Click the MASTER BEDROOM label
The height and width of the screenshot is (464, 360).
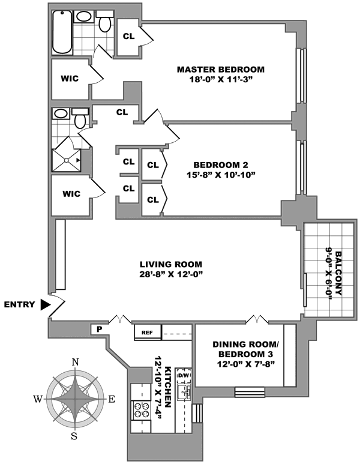coord(221,70)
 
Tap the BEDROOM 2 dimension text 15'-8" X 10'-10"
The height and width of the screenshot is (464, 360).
coord(221,175)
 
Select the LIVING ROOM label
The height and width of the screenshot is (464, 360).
coord(171,264)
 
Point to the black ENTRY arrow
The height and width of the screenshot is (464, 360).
coord(46,304)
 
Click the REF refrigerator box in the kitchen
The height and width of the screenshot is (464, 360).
coord(148,332)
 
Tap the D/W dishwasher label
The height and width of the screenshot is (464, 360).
coord(184,376)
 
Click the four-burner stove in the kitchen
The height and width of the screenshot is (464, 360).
coord(141,410)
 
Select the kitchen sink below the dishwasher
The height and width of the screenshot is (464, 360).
coord(184,393)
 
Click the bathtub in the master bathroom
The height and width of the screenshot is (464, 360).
coord(62,32)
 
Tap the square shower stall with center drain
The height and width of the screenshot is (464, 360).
coord(66,160)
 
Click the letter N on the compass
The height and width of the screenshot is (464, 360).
coord(76,362)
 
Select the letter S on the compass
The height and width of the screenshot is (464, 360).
coord(74,436)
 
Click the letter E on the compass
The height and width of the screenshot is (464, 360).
coord(111,400)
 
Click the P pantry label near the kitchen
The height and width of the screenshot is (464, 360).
coord(100,329)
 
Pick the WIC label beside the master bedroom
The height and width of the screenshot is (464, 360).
coord(70,79)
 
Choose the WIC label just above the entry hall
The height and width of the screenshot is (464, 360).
coord(71,194)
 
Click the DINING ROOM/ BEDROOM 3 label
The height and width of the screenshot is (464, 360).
coord(245,349)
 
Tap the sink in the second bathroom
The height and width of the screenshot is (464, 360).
coord(61,113)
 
